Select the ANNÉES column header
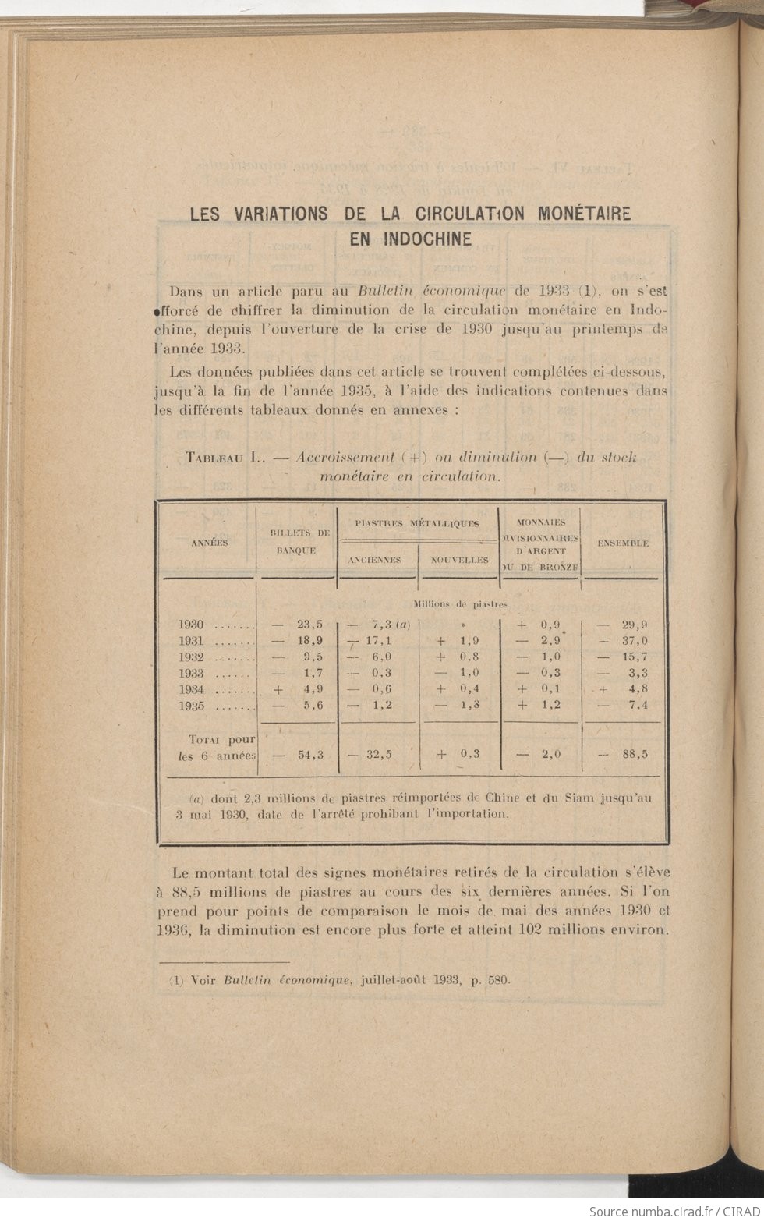(x=210, y=543)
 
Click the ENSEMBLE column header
(x=623, y=543)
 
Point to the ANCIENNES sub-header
(x=375, y=560)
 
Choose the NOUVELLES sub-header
(x=459, y=560)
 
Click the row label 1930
(x=191, y=625)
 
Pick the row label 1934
(x=191, y=689)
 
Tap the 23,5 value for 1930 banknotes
(x=309, y=625)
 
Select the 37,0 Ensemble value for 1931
(x=635, y=641)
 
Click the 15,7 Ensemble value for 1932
(x=635, y=657)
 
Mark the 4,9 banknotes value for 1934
(x=313, y=689)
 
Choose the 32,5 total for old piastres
(x=379, y=755)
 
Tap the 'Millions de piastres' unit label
(x=461, y=603)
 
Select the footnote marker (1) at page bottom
(x=175, y=980)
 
